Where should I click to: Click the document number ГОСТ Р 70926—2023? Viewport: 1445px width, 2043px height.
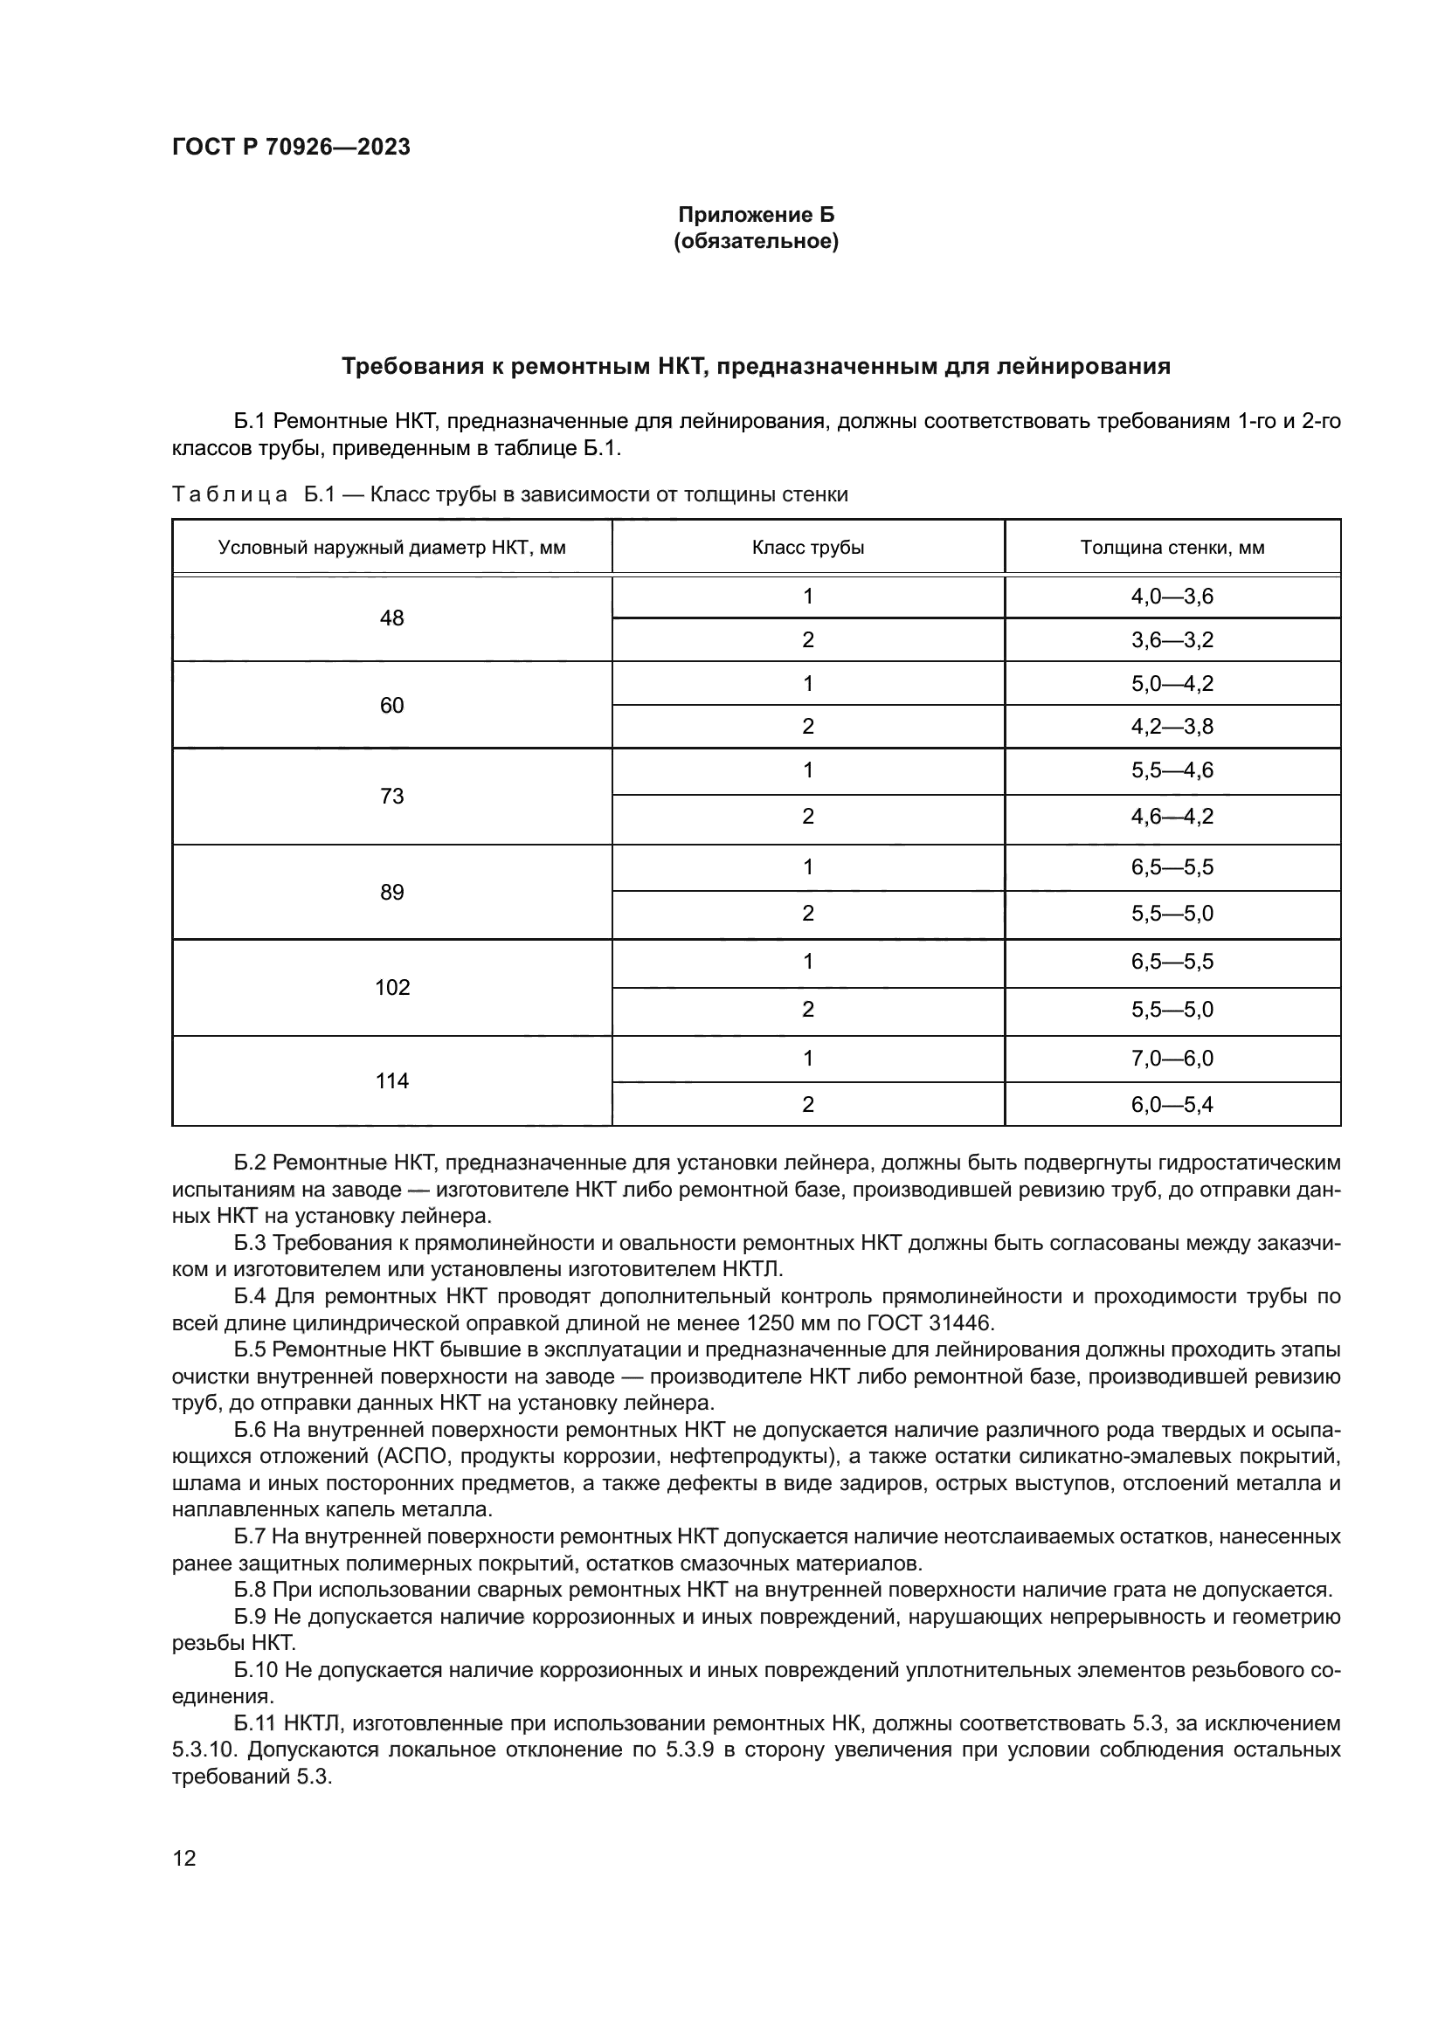291,147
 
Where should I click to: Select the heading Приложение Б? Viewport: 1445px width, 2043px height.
757,215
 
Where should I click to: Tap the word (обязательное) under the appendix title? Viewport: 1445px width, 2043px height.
757,241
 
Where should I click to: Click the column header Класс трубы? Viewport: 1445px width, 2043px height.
807,548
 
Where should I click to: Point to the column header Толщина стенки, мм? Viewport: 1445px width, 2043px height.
1172,548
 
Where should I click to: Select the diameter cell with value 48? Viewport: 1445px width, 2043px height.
391,618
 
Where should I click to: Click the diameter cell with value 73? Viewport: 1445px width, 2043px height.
391,796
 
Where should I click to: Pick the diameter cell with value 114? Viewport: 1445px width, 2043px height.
391,1080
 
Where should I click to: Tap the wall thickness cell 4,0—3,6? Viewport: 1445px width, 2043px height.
1172,597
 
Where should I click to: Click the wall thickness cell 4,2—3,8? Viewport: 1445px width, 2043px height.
1172,726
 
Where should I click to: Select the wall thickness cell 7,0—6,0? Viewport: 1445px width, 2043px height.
1172,1058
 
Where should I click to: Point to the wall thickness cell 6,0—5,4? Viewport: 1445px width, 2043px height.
1172,1104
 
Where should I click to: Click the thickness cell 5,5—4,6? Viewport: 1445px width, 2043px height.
1172,770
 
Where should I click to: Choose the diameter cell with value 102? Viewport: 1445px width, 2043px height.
391,987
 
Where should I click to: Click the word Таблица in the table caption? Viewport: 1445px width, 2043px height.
230,494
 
